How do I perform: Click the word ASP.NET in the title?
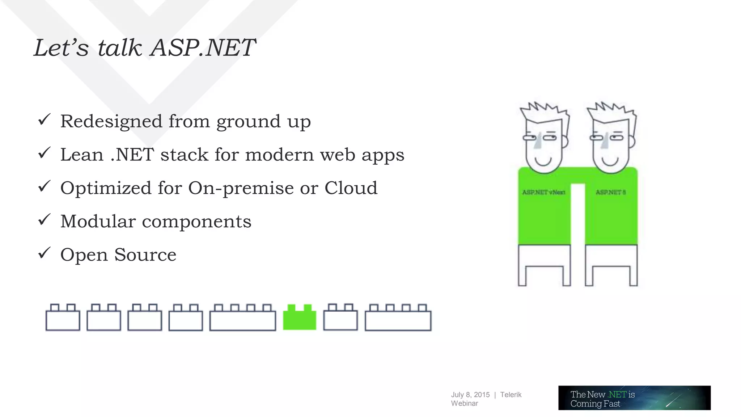coord(203,48)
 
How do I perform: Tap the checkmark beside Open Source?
coord(44,253)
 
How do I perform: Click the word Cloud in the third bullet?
coord(351,188)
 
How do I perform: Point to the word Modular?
coord(98,222)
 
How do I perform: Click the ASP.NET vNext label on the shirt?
coord(543,192)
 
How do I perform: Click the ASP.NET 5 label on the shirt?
coord(610,192)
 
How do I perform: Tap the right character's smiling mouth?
coord(610,161)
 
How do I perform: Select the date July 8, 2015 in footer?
coord(470,395)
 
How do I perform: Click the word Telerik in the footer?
coord(511,395)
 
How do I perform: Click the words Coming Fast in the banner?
coord(595,404)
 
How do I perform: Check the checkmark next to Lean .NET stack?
coord(44,153)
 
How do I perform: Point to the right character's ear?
coord(632,142)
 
